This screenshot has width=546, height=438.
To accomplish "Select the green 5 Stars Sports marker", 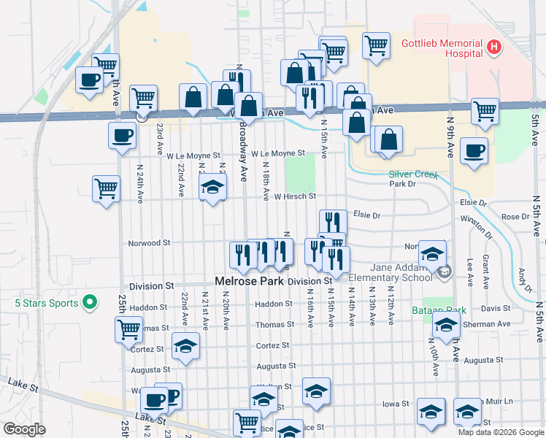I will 89,301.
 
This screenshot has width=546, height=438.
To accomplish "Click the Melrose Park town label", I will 248,281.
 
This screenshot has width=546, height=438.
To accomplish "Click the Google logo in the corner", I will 24,429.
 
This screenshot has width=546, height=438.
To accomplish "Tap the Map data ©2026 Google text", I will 500,432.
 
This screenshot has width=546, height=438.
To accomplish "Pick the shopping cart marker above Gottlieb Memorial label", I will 376,45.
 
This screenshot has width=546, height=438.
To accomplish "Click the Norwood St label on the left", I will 149,242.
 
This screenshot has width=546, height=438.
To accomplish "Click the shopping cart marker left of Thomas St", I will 129,329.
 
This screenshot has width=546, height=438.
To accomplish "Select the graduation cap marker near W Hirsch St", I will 212,187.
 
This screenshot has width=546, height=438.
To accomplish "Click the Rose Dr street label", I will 515,217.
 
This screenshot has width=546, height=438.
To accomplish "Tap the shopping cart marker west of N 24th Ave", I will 106,188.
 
